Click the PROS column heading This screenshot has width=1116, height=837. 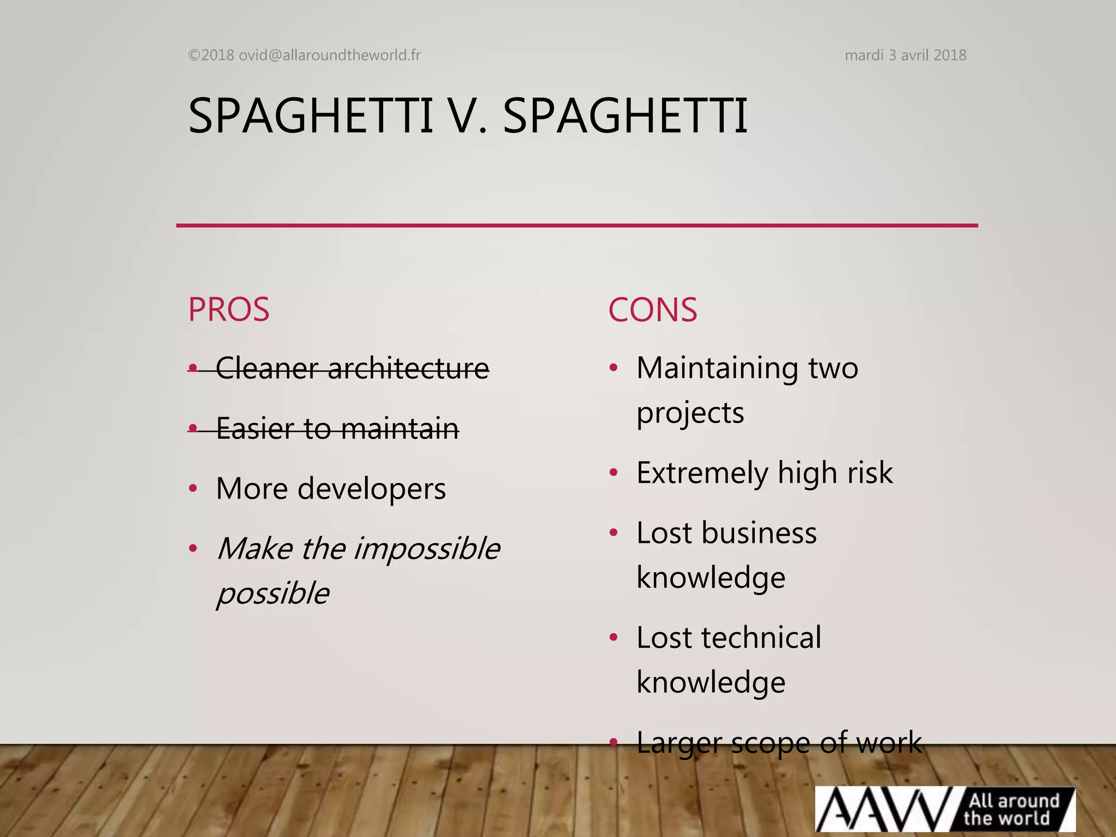click(x=228, y=310)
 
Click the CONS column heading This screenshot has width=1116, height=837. click(x=652, y=310)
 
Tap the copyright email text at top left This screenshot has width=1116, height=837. click(x=304, y=55)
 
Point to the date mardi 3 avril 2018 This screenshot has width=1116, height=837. click(x=905, y=55)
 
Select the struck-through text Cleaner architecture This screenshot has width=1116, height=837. click(x=352, y=368)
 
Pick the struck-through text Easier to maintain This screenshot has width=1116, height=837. click(x=337, y=428)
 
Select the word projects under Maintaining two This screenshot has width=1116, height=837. click(x=690, y=413)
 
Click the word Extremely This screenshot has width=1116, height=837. click(x=702, y=473)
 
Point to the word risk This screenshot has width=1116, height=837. click(x=870, y=472)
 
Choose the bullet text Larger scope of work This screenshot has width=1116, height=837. click(x=779, y=742)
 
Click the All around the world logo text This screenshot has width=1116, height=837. click(x=1011, y=810)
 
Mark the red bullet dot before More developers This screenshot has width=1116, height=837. click(x=192, y=488)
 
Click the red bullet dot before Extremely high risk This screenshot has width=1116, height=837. click(x=614, y=472)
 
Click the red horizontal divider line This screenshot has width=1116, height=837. click(x=577, y=225)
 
